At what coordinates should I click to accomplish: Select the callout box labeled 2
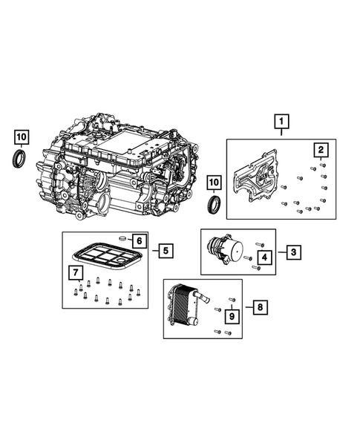coord(320,151)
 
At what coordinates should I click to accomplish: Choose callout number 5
coord(165,250)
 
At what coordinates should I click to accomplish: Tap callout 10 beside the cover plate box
coord(215,181)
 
